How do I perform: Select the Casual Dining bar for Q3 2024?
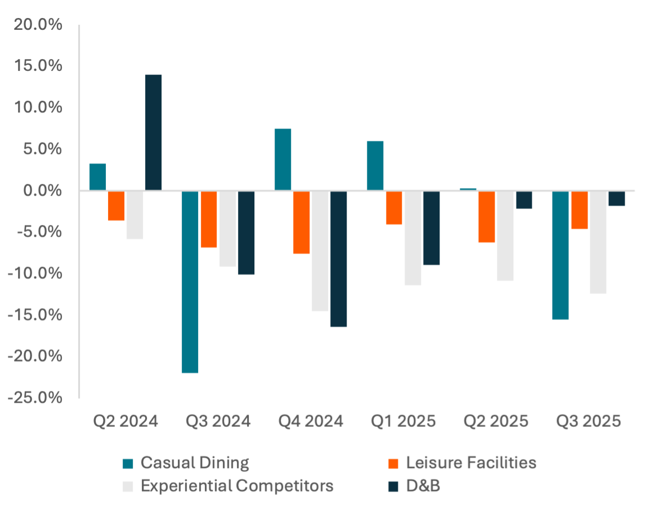(x=190, y=282)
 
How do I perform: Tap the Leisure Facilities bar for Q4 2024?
(x=302, y=223)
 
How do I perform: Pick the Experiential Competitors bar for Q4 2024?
(x=320, y=251)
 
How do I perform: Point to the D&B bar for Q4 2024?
(x=339, y=259)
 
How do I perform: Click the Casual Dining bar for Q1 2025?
(x=375, y=166)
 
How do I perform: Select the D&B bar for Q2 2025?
(x=524, y=200)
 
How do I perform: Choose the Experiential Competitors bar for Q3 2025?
(x=598, y=242)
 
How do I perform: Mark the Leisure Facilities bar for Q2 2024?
(x=116, y=206)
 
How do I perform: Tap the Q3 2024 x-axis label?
(x=218, y=421)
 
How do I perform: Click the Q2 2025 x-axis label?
(x=496, y=421)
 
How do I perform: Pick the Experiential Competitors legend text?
(x=237, y=485)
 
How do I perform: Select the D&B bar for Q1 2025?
(x=431, y=228)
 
